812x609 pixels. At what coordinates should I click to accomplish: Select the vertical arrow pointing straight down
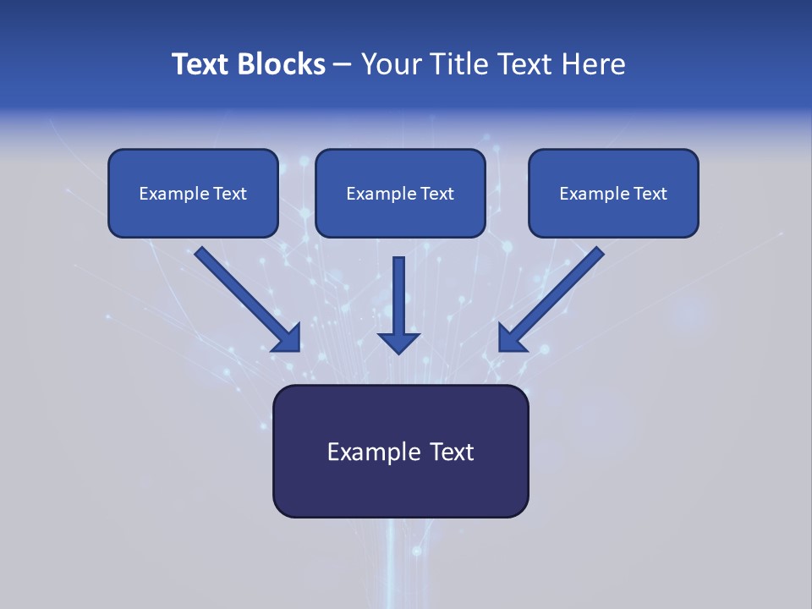(x=398, y=292)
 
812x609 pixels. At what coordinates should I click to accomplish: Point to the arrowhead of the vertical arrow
(x=398, y=343)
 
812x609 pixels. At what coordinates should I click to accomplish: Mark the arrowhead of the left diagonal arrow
(x=288, y=339)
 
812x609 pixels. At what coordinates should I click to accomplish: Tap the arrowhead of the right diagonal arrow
(x=510, y=339)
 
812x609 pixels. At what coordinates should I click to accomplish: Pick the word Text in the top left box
(x=230, y=194)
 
